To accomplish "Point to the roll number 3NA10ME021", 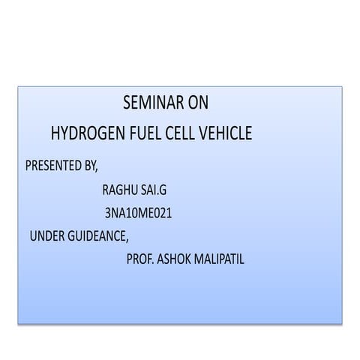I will coord(139,213).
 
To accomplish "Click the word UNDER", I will coord(47,236).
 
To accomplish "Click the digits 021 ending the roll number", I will coord(163,213).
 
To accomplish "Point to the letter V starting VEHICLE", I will coord(205,134).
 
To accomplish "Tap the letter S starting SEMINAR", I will coord(125,103).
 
